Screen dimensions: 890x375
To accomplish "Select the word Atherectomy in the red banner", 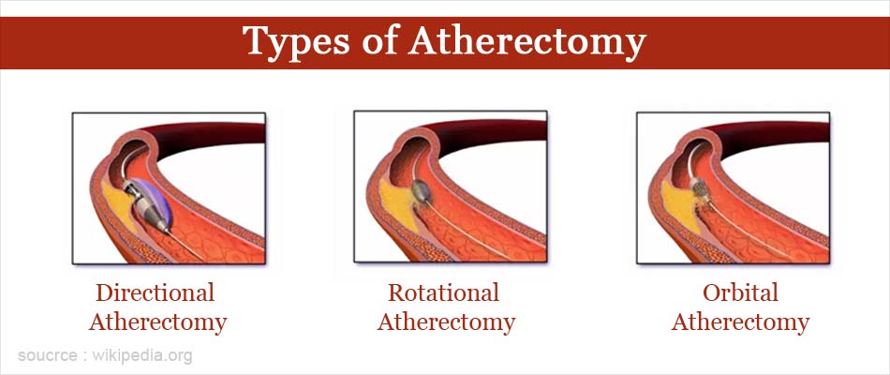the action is click(527, 41).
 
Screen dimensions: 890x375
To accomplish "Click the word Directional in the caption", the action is click(155, 292).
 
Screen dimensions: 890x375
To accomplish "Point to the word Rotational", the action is click(444, 292).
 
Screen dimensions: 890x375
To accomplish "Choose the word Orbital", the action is click(740, 292).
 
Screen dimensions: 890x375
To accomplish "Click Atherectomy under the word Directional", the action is click(157, 322).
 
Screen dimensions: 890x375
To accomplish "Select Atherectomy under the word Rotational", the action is click(446, 322).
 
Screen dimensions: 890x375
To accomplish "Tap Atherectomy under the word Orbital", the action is click(740, 322).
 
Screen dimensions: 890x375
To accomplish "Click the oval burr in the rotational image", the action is click(422, 191).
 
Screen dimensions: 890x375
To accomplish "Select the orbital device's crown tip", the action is click(699, 189).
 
